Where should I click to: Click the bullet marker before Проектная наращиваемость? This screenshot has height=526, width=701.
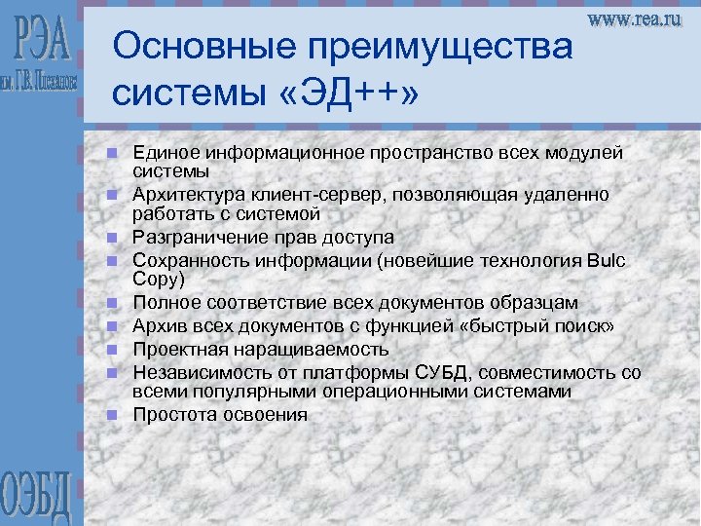113,349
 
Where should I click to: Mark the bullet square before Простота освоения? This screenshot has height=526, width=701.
113,415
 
